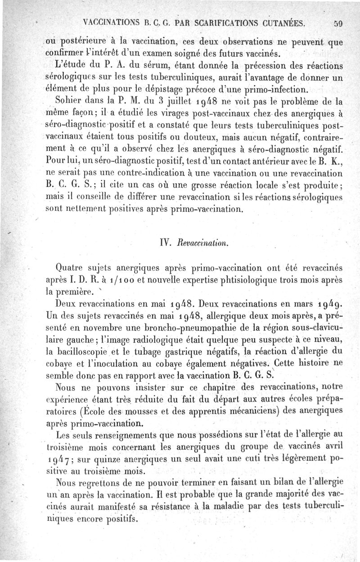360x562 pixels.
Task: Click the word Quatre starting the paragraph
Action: [71, 268]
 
